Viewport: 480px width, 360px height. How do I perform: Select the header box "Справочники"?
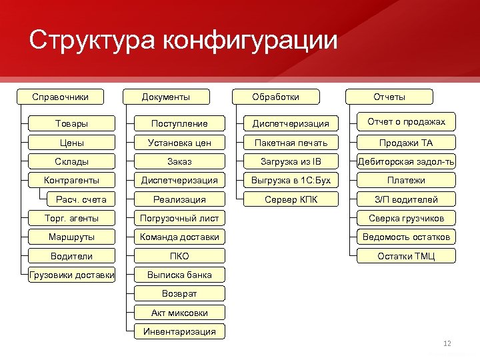click(x=61, y=97)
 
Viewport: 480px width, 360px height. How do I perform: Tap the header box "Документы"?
click(x=166, y=97)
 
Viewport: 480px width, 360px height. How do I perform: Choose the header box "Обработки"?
click(x=275, y=97)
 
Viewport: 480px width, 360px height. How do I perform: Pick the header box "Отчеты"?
click(x=389, y=97)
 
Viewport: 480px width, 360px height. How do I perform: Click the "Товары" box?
click(x=71, y=123)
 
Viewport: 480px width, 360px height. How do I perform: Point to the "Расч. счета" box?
click(x=81, y=199)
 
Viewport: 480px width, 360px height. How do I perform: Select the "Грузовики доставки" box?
click(x=71, y=275)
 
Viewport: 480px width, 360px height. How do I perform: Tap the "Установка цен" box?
click(x=179, y=143)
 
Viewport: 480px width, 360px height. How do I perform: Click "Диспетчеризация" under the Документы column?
click(x=179, y=180)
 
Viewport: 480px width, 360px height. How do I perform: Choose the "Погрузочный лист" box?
click(x=179, y=218)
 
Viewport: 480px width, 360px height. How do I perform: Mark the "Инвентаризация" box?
click(x=179, y=331)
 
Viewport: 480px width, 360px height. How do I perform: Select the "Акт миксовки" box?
click(x=179, y=313)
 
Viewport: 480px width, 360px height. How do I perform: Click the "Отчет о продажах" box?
click(x=406, y=121)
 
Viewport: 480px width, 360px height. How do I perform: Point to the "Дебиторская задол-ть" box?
click(x=406, y=161)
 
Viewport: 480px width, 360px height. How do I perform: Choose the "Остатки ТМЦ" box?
click(x=406, y=256)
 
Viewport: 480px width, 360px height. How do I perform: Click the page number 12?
click(x=447, y=343)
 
